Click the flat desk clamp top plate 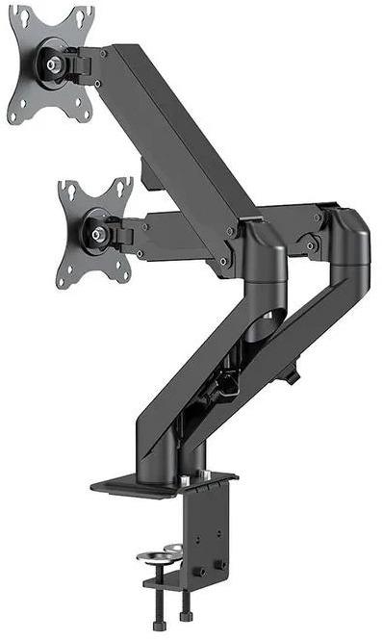(x=164, y=484)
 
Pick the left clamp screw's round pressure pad (x=155, y=556)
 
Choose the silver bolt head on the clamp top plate (x=184, y=479)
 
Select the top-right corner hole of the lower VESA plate (x=123, y=185)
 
